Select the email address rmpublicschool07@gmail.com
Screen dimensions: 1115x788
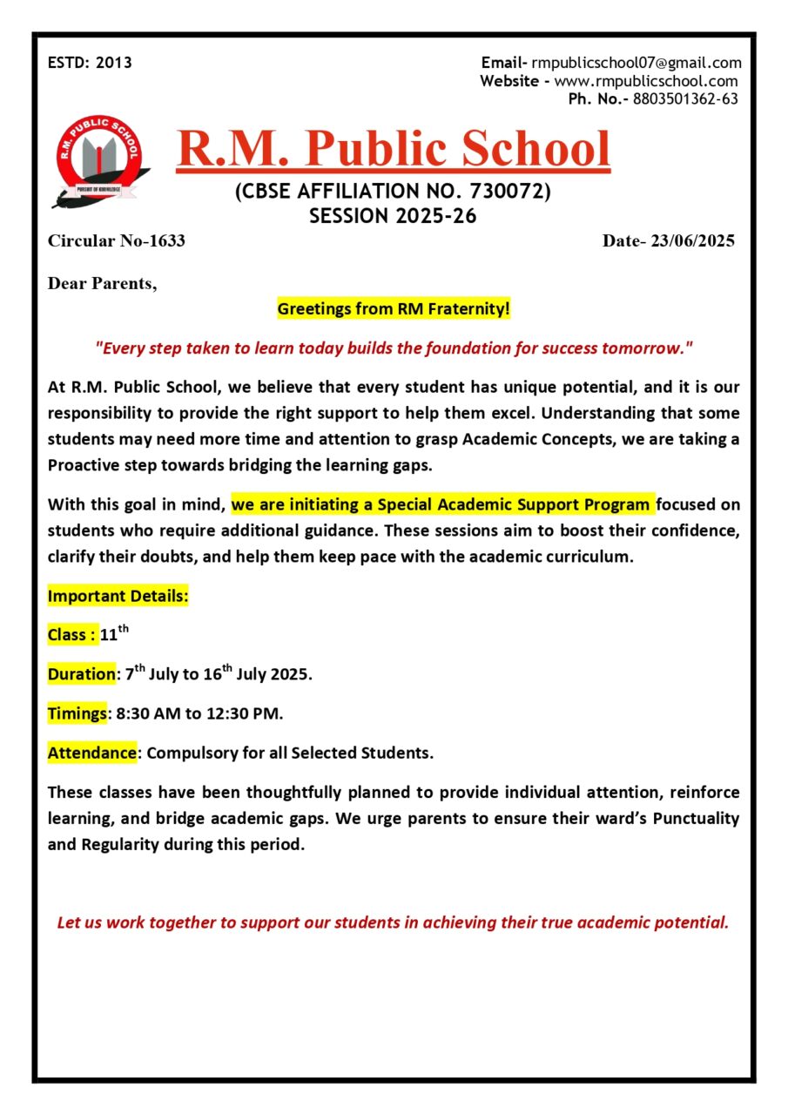[636, 63]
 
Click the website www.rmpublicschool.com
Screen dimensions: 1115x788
[646, 81]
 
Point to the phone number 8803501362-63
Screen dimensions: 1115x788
[685, 99]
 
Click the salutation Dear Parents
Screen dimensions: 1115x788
[102, 283]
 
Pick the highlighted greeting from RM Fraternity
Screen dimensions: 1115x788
[394, 308]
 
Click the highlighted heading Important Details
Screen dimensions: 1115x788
[118, 597]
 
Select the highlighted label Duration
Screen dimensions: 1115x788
[81, 674]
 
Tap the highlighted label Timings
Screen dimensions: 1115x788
[77, 713]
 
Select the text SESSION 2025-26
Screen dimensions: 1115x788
[394, 216]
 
